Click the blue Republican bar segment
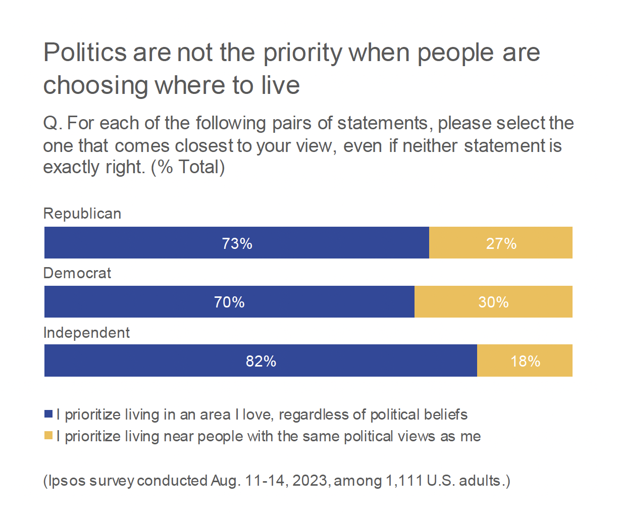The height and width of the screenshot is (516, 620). pos(151,243)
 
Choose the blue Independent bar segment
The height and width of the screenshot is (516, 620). pos(151,361)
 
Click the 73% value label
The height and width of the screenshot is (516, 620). pos(237,243)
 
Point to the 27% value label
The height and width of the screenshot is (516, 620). pos(501,243)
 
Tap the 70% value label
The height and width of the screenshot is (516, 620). pos(229,302)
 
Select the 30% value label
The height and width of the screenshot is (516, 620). pos(493,302)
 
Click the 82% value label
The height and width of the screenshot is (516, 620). pos(261,361)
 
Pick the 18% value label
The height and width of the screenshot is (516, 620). pos(525,361)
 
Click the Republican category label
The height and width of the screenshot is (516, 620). pos(82,214)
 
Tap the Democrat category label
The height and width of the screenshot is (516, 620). pos(77,273)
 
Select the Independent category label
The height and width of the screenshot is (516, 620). pos(86,333)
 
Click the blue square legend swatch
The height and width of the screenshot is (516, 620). pos(48,414)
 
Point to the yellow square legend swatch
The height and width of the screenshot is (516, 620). pos(48,435)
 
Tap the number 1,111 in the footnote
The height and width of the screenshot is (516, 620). pos(404,480)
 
